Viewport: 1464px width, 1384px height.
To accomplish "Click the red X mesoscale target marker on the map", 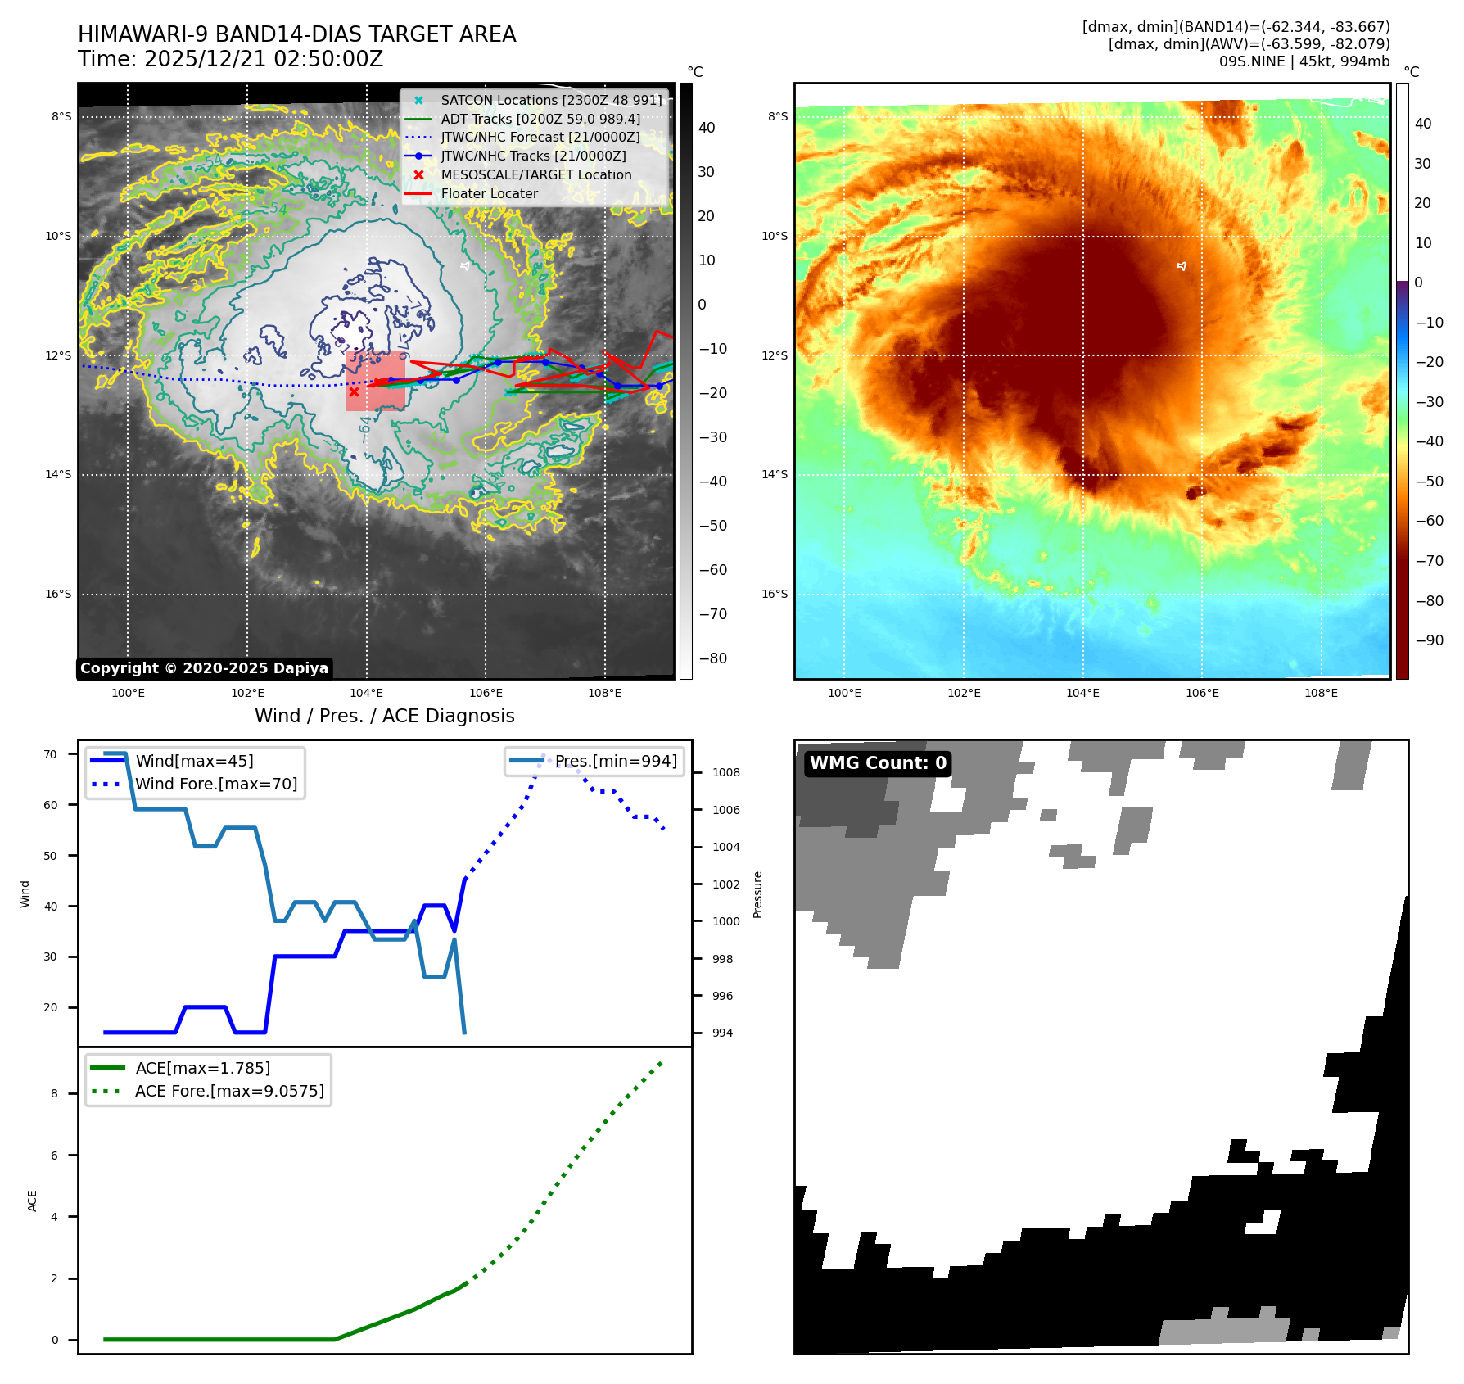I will tap(354, 391).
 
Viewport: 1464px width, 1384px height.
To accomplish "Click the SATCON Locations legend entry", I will tap(551, 100).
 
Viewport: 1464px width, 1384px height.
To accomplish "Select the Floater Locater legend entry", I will tap(489, 193).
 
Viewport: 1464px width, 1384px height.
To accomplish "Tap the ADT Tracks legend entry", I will tap(540, 119).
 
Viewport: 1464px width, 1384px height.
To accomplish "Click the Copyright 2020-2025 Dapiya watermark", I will tap(204, 668).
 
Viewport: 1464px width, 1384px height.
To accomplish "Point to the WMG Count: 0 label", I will tap(878, 763).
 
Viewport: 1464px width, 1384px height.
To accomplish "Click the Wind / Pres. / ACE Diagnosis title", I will tap(384, 716).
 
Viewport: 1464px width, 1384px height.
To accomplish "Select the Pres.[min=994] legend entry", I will tap(616, 761).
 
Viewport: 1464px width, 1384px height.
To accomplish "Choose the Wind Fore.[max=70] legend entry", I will tap(216, 784).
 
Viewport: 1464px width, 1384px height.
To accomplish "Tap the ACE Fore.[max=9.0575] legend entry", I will tap(229, 1091).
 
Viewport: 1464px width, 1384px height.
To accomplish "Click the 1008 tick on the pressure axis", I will tap(725, 772).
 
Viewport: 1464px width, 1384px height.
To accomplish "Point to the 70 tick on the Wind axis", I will tap(51, 754).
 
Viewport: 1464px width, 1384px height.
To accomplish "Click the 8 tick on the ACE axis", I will tap(55, 1093).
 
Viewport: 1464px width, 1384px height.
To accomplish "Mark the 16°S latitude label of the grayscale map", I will tap(58, 594).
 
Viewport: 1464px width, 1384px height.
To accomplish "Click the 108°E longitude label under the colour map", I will tap(1321, 693).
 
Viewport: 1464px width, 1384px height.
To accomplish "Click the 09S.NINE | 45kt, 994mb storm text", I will tap(1304, 61).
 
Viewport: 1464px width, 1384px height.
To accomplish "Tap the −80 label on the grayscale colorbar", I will tap(712, 658).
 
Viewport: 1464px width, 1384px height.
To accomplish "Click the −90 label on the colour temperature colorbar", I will tap(1429, 640).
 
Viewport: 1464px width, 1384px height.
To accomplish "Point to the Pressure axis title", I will tap(757, 894).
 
